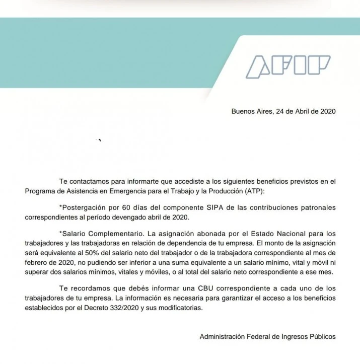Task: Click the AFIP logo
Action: (288, 67)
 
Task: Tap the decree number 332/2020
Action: (143, 308)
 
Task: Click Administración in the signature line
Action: (222, 336)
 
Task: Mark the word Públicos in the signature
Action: (321, 336)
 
